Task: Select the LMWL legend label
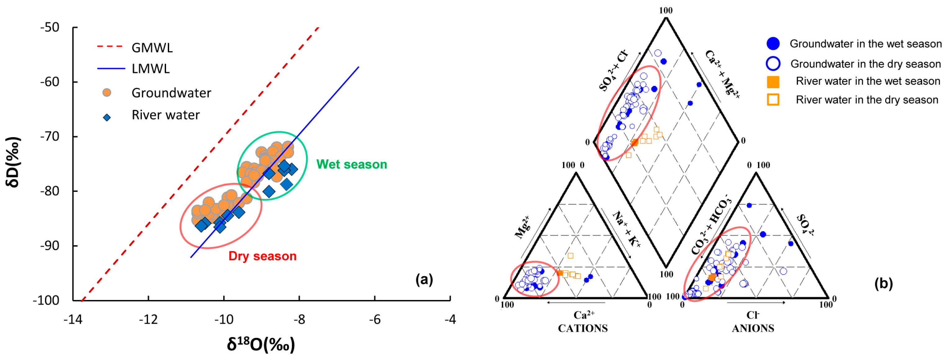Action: [150, 69]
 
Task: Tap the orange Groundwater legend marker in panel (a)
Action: [106, 92]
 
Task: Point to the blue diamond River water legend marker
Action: [106, 118]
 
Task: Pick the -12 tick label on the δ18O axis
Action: [148, 320]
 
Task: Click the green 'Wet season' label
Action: [352, 164]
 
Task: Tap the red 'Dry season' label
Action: [262, 256]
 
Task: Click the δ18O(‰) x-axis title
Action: [261, 344]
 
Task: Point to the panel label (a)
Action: [424, 280]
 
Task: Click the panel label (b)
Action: [883, 283]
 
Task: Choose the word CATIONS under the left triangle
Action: [582, 328]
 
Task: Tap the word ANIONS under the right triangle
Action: [753, 328]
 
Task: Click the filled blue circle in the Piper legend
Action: [773, 44]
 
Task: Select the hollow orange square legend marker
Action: [773, 100]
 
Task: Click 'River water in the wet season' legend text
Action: [868, 81]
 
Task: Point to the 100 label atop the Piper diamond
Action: [666, 10]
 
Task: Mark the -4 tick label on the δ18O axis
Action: [450, 320]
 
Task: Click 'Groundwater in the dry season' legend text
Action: [866, 64]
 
